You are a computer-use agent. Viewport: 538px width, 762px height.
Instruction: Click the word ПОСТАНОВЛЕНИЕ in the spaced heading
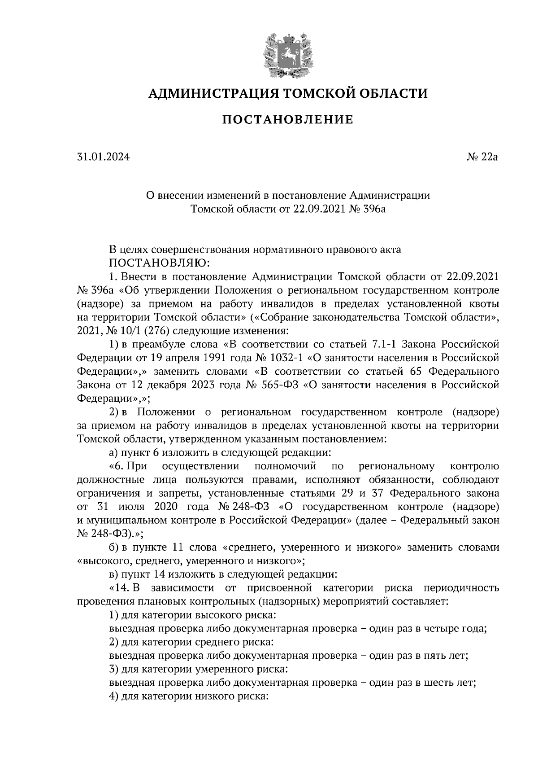(288, 120)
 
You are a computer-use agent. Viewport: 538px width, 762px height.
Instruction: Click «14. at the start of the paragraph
(119, 588)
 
